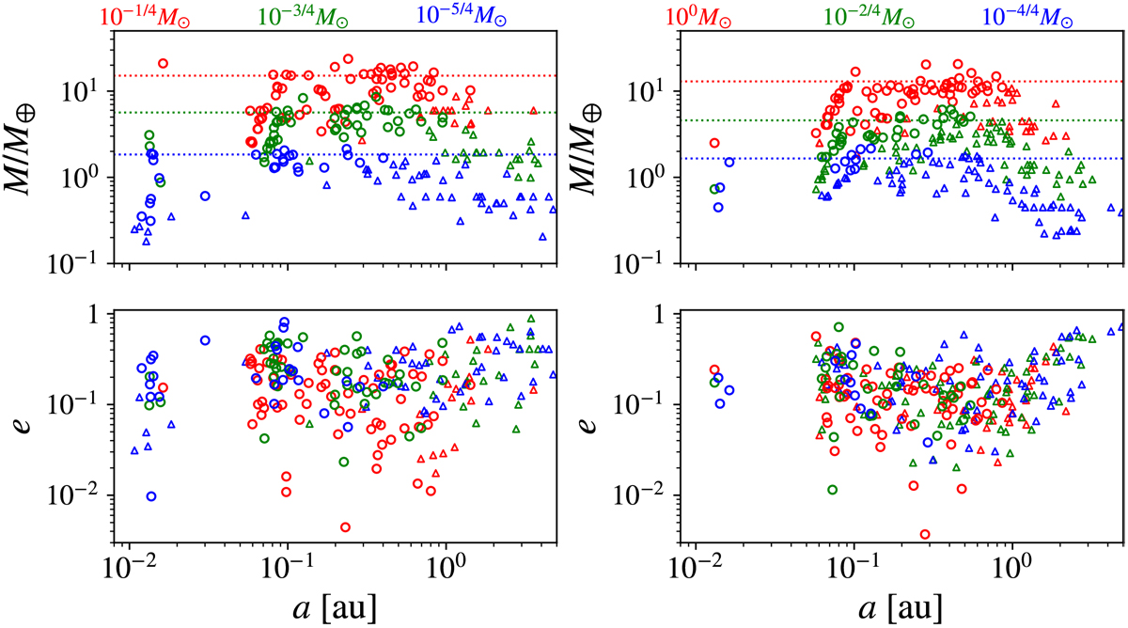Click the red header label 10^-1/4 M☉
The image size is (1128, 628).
(149, 16)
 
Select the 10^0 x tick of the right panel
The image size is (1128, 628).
(1010, 574)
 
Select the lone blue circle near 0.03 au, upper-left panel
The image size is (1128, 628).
(205, 196)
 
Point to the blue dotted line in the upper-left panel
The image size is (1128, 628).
(376, 154)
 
